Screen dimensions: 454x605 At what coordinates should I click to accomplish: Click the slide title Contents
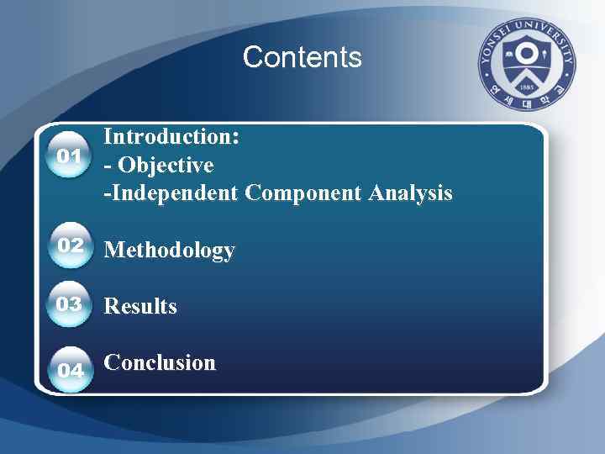coord(302,57)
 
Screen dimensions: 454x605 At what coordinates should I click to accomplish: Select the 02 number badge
coord(71,245)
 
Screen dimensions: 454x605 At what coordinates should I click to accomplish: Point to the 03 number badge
coord(69,304)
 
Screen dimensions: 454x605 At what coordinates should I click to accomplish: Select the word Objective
coord(164,165)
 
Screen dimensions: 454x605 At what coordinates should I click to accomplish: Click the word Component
coord(302,193)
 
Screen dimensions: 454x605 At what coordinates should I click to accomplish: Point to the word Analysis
coord(409,193)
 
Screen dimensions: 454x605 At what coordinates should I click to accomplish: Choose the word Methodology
coord(169,251)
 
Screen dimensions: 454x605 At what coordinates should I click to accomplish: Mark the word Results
coord(140,306)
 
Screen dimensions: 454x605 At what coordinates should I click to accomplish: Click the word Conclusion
coord(160,363)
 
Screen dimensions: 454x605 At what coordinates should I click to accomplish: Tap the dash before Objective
coord(107,166)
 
